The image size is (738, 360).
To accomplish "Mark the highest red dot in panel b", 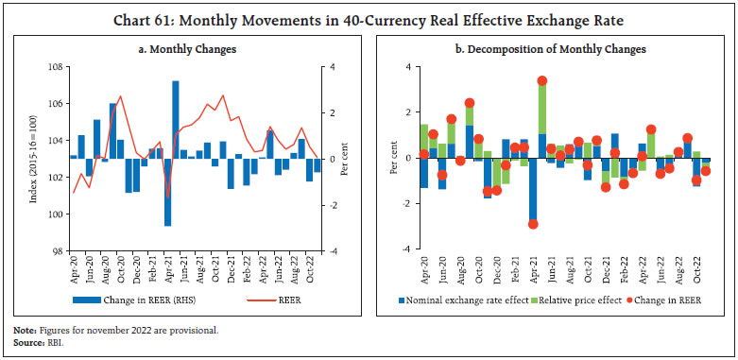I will point(541,81).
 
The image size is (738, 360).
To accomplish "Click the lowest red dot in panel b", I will point(533,224).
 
